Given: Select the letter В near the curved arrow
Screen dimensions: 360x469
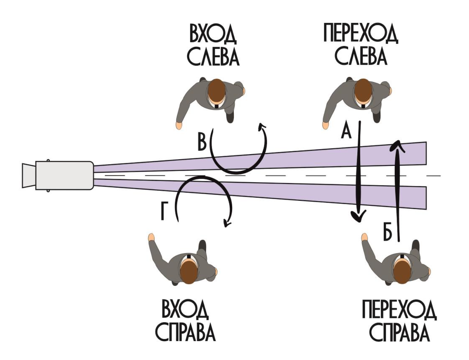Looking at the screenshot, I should pos(202,143).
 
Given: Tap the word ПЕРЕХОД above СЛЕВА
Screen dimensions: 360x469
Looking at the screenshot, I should pos(360,36).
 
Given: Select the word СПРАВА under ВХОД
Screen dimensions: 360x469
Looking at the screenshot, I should pos(186,332).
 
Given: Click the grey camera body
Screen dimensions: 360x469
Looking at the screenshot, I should pos(64,175).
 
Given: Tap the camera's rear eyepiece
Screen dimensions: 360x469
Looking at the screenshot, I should pos(28,175).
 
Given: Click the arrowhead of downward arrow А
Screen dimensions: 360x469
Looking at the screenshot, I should pos(358,216).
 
